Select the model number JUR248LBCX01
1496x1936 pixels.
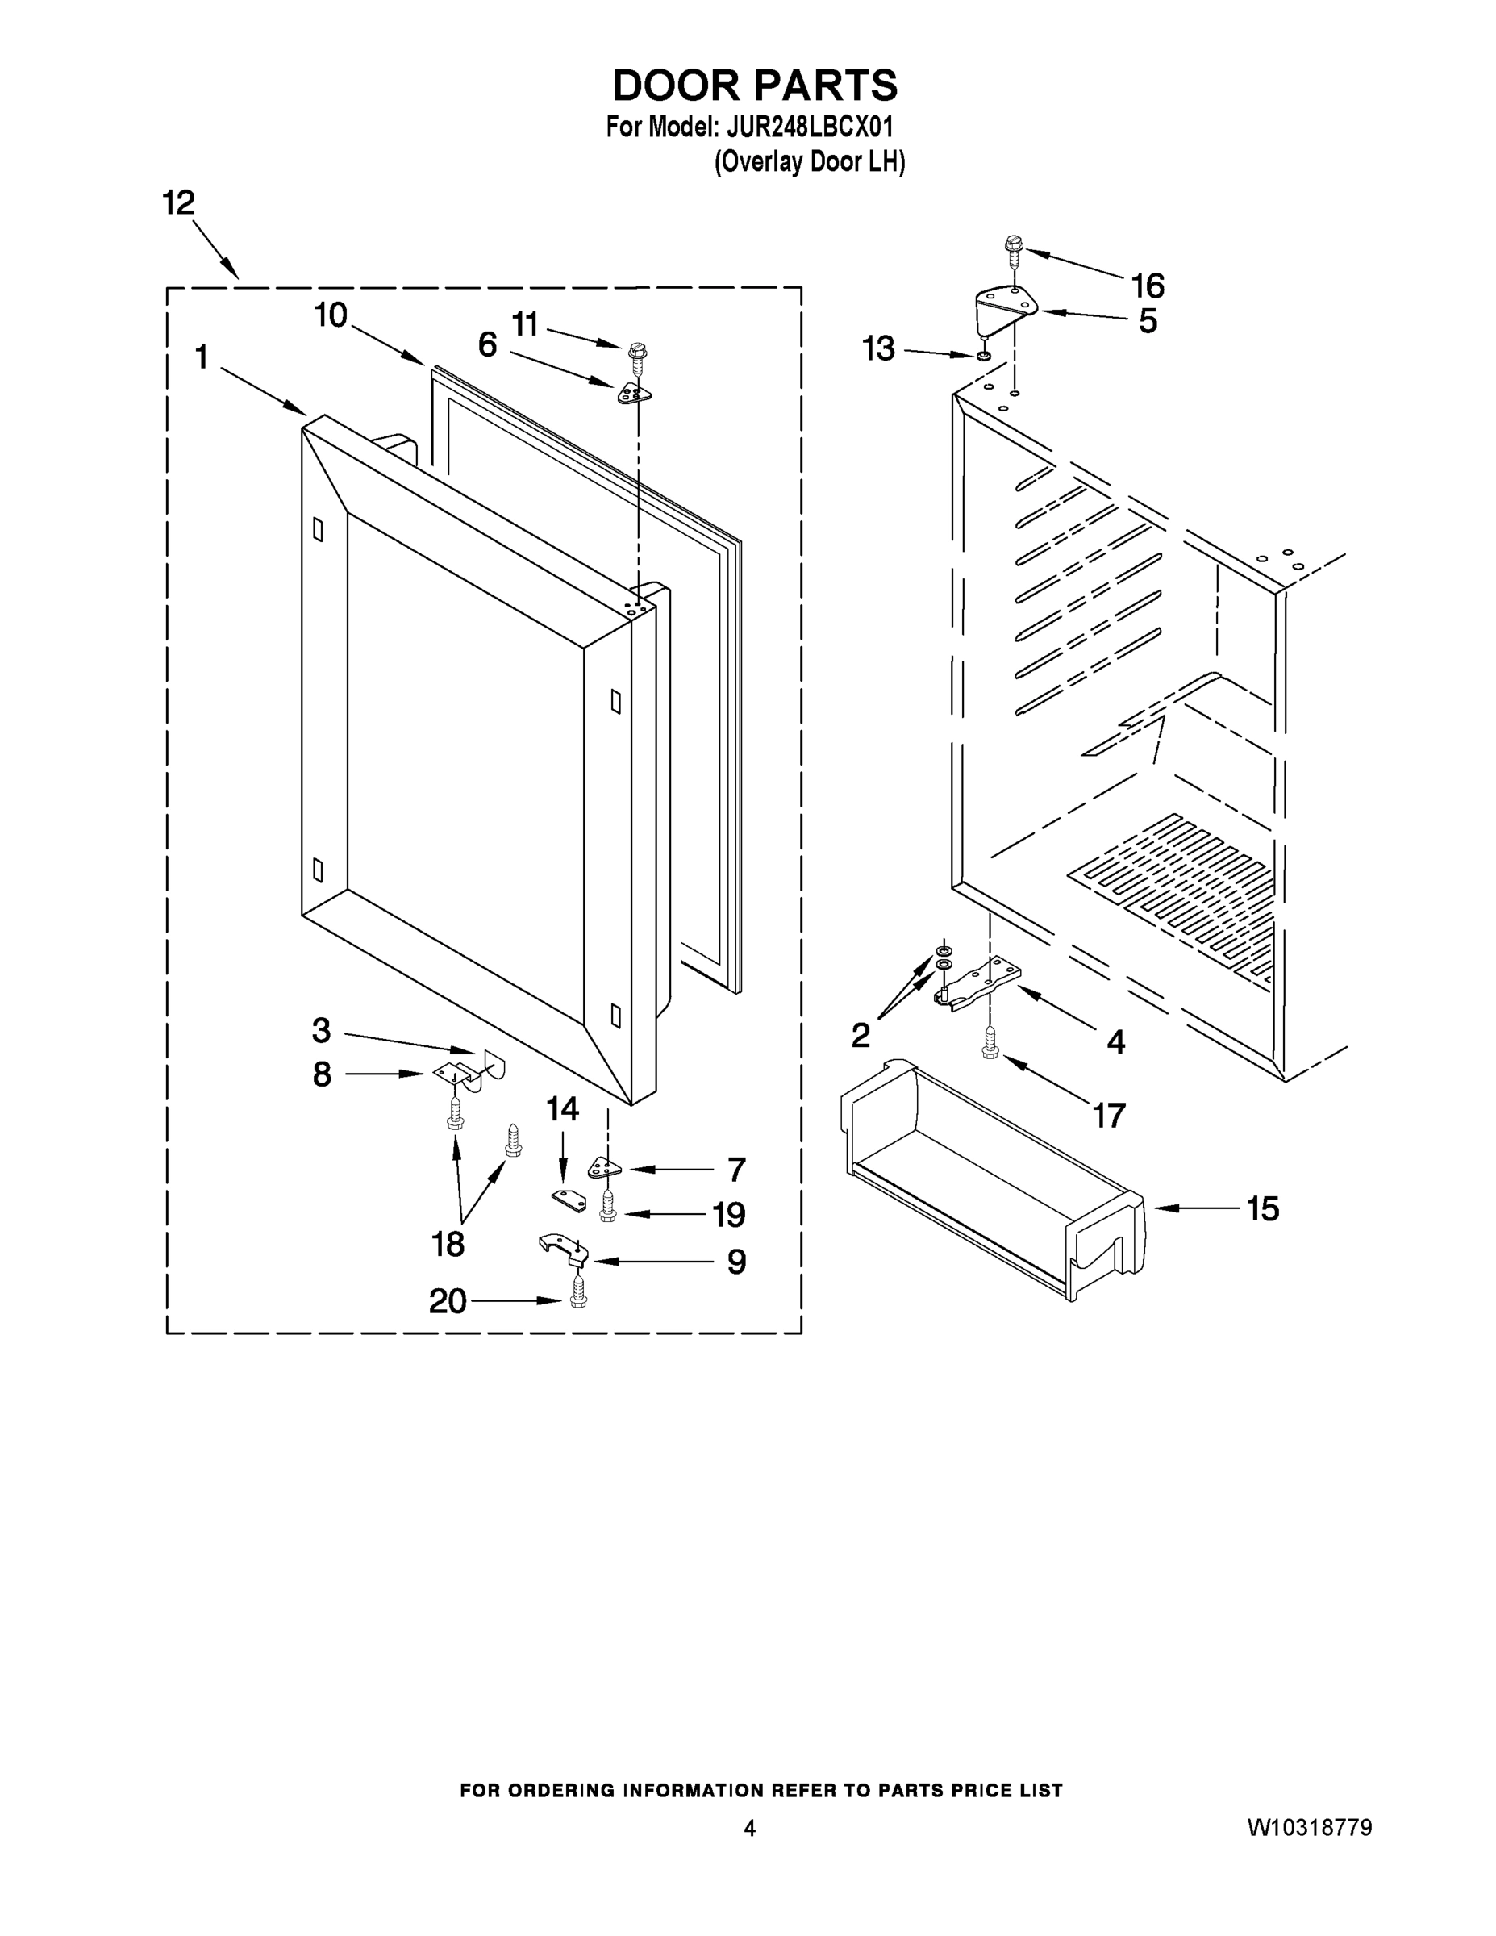coord(809,127)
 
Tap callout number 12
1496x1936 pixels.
coord(178,203)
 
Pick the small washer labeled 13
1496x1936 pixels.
coord(984,357)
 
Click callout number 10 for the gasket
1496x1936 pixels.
coord(331,315)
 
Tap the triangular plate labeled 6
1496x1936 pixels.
coord(634,393)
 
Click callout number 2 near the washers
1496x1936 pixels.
coord(860,1034)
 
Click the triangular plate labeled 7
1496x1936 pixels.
coord(606,1169)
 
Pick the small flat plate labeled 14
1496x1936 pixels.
coord(569,1200)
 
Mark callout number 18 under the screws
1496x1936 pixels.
coord(448,1244)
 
